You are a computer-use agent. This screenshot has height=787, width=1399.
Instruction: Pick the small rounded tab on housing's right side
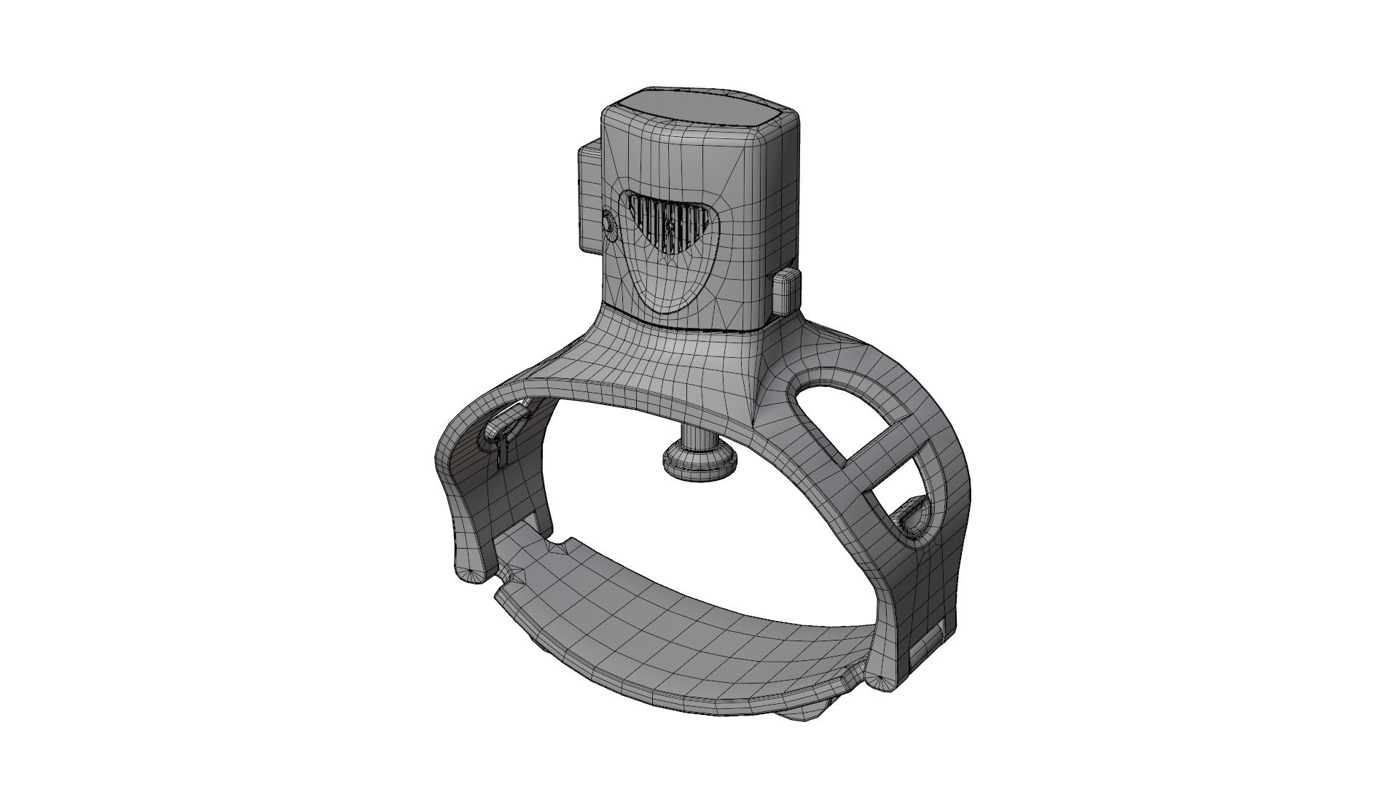[x=785, y=291]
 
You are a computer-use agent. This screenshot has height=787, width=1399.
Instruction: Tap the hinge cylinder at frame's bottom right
[x=927, y=649]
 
